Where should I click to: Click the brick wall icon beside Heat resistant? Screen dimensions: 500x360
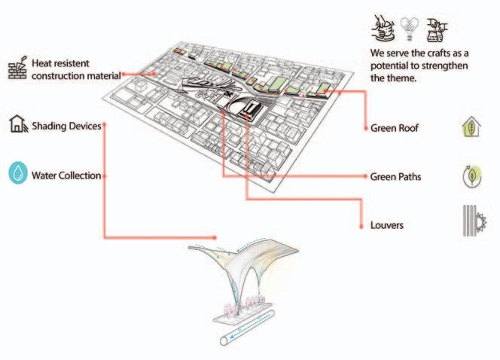(x=18, y=69)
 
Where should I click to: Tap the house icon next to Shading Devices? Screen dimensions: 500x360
(x=18, y=124)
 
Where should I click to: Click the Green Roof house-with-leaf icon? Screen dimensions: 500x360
(x=471, y=127)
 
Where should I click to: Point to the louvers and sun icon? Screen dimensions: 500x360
(x=471, y=223)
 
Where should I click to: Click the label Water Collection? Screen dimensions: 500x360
(x=66, y=176)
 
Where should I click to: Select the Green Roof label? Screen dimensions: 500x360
(x=395, y=128)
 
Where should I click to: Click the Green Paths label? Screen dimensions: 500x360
(x=395, y=177)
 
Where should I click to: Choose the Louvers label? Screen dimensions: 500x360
(x=388, y=225)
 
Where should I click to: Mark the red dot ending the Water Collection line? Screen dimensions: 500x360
(x=103, y=176)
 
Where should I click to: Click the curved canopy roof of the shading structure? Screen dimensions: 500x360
(x=248, y=260)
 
